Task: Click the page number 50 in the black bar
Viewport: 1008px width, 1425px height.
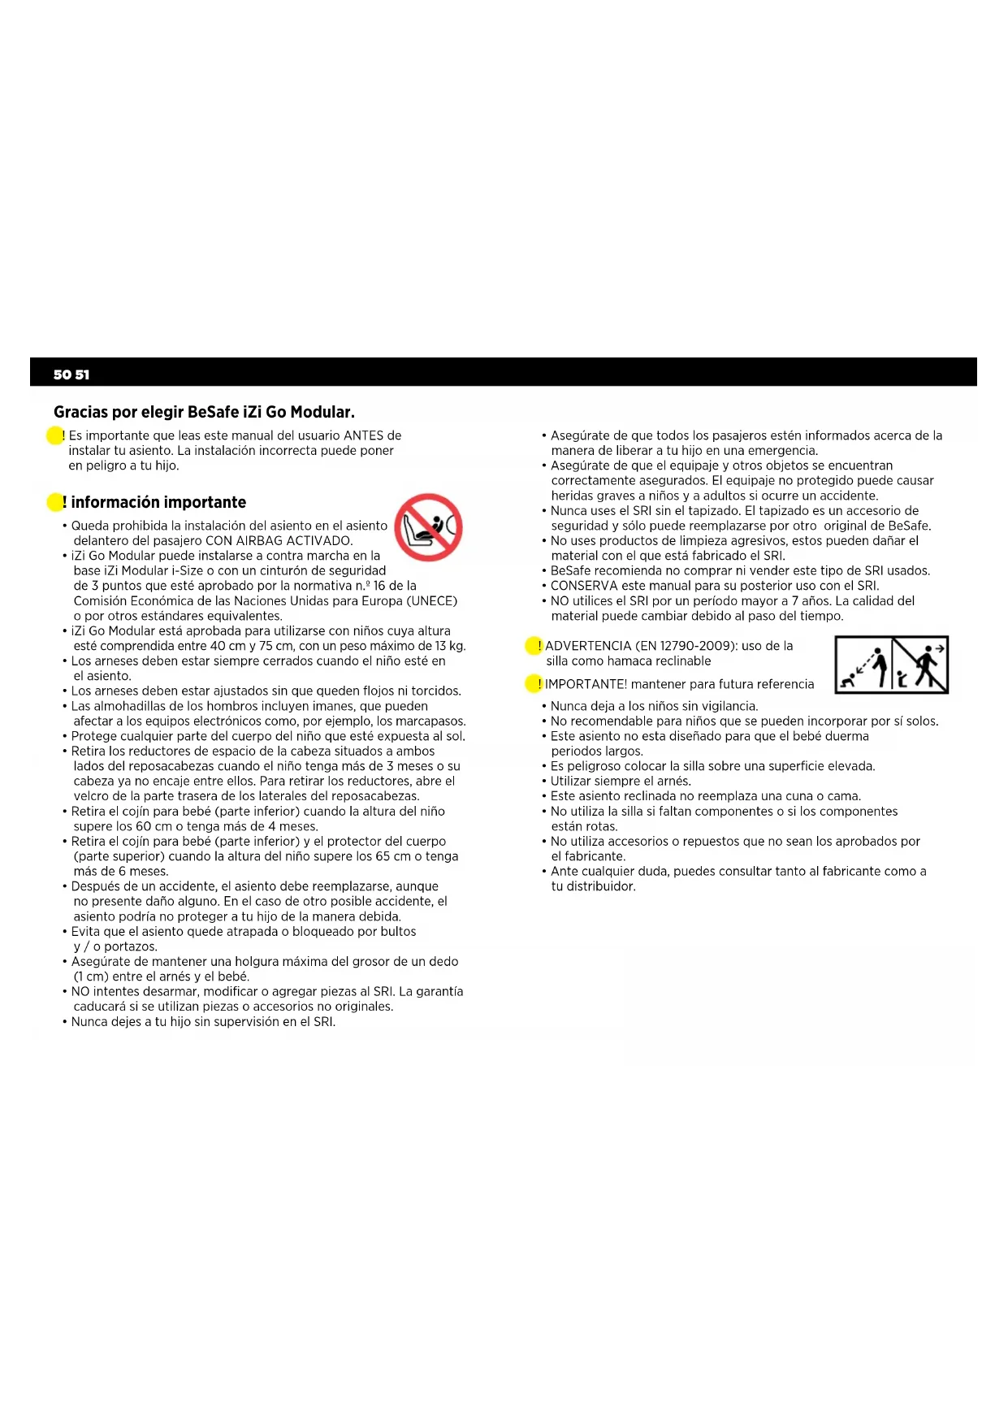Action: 62,375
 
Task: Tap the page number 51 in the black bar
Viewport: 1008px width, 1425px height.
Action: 82,375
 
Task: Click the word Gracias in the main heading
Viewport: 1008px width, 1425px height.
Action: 80,412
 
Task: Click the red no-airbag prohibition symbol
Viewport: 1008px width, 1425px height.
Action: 428,527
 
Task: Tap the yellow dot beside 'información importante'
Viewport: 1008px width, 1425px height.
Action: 54,502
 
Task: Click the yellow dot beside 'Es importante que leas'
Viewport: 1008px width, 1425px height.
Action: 54,435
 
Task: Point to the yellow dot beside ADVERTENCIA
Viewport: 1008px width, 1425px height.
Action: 533,646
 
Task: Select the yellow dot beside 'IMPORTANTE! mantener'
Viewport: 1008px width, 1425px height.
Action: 533,684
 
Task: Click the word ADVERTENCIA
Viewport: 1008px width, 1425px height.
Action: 588,646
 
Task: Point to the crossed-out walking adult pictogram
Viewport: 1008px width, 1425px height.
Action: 924,665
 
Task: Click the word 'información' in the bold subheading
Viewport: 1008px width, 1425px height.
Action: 115,502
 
